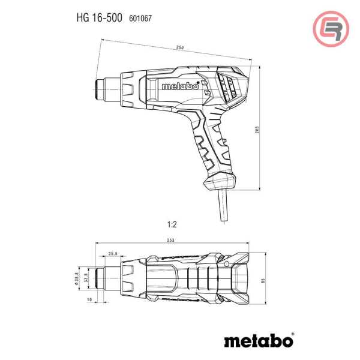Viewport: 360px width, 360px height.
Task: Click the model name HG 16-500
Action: (99, 18)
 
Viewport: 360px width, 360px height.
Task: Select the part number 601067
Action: (140, 19)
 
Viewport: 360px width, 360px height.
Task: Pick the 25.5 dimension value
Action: (113, 253)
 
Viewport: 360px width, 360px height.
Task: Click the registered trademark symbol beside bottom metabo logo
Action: (292, 333)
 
